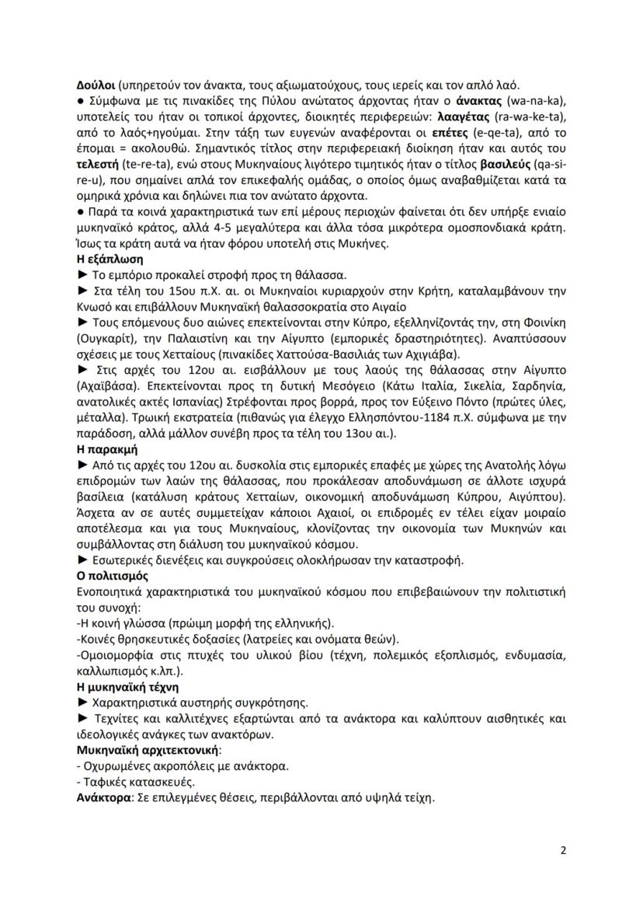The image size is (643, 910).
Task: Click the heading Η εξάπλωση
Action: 109,259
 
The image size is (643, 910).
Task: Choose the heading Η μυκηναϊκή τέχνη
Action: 128,687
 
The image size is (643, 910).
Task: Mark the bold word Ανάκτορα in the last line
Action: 103,798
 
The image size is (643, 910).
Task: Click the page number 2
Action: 563,850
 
